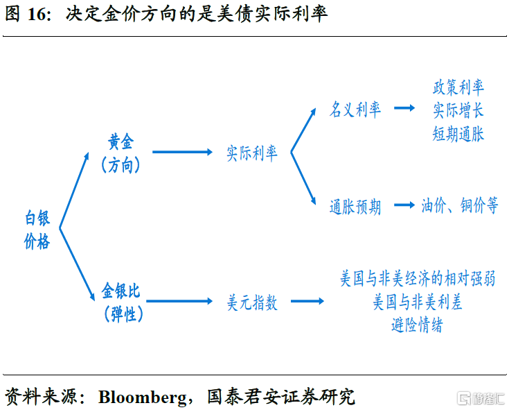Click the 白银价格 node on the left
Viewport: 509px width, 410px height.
click(x=37, y=230)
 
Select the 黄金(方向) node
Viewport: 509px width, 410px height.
click(x=120, y=153)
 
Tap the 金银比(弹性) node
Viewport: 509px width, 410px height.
click(x=120, y=301)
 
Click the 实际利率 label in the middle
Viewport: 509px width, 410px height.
click(x=252, y=153)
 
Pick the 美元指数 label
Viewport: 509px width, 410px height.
click(x=252, y=302)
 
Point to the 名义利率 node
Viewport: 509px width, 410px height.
click(x=355, y=110)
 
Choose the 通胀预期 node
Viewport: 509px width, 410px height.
click(x=355, y=207)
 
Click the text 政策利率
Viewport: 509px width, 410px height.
click(x=458, y=87)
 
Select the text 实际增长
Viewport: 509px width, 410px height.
click(x=458, y=110)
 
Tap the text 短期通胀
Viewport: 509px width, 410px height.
click(x=458, y=133)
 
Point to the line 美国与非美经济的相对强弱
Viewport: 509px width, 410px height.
click(x=418, y=279)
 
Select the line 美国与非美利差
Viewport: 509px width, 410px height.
click(x=418, y=302)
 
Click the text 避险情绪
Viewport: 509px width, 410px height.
click(x=417, y=325)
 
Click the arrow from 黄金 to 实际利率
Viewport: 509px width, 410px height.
click(x=182, y=152)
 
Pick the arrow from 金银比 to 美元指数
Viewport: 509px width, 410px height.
click(x=182, y=301)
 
